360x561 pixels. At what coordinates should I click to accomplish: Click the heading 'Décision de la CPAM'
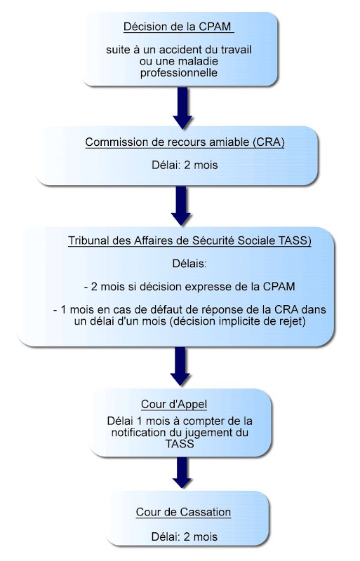(x=178, y=27)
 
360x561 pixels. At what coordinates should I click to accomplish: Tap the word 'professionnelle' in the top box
(x=179, y=73)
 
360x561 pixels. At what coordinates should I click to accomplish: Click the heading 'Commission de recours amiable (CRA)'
(x=185, y=142)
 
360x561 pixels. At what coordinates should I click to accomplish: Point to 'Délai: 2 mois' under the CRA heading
(x=185, y=165)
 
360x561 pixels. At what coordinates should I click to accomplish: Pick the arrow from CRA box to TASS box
(x=181, y=206)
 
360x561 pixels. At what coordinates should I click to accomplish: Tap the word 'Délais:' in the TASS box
(x=189, y=264)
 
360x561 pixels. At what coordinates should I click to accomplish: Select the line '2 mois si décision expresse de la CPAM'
(x=193, y=287)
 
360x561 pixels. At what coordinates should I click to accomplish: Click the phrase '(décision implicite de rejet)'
(x=238, y=321)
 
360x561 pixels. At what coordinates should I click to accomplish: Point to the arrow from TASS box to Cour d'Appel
(x=180, y=366)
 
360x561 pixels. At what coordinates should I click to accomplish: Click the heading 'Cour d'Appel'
(x=174, y=405)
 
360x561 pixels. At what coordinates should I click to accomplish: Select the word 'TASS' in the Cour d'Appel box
(x=180, y=444)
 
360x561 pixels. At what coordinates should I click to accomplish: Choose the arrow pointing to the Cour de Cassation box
(x=182, y=473)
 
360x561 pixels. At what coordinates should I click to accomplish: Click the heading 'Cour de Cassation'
(x=183, y=512)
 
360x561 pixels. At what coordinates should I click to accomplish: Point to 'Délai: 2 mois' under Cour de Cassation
(x=185, y=536)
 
